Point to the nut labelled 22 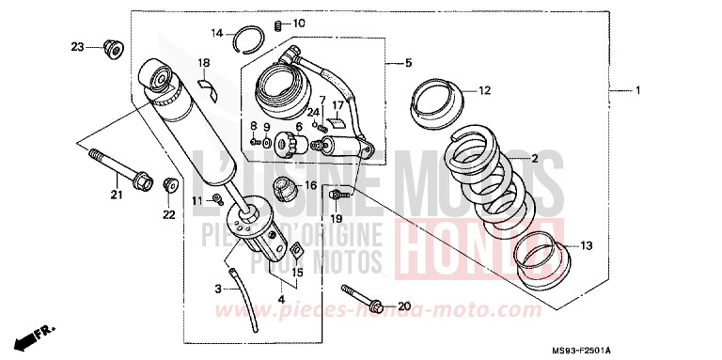pos(171,185)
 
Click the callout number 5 pos(408,63)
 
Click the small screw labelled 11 pos(217,197)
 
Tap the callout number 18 pos(203,63)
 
